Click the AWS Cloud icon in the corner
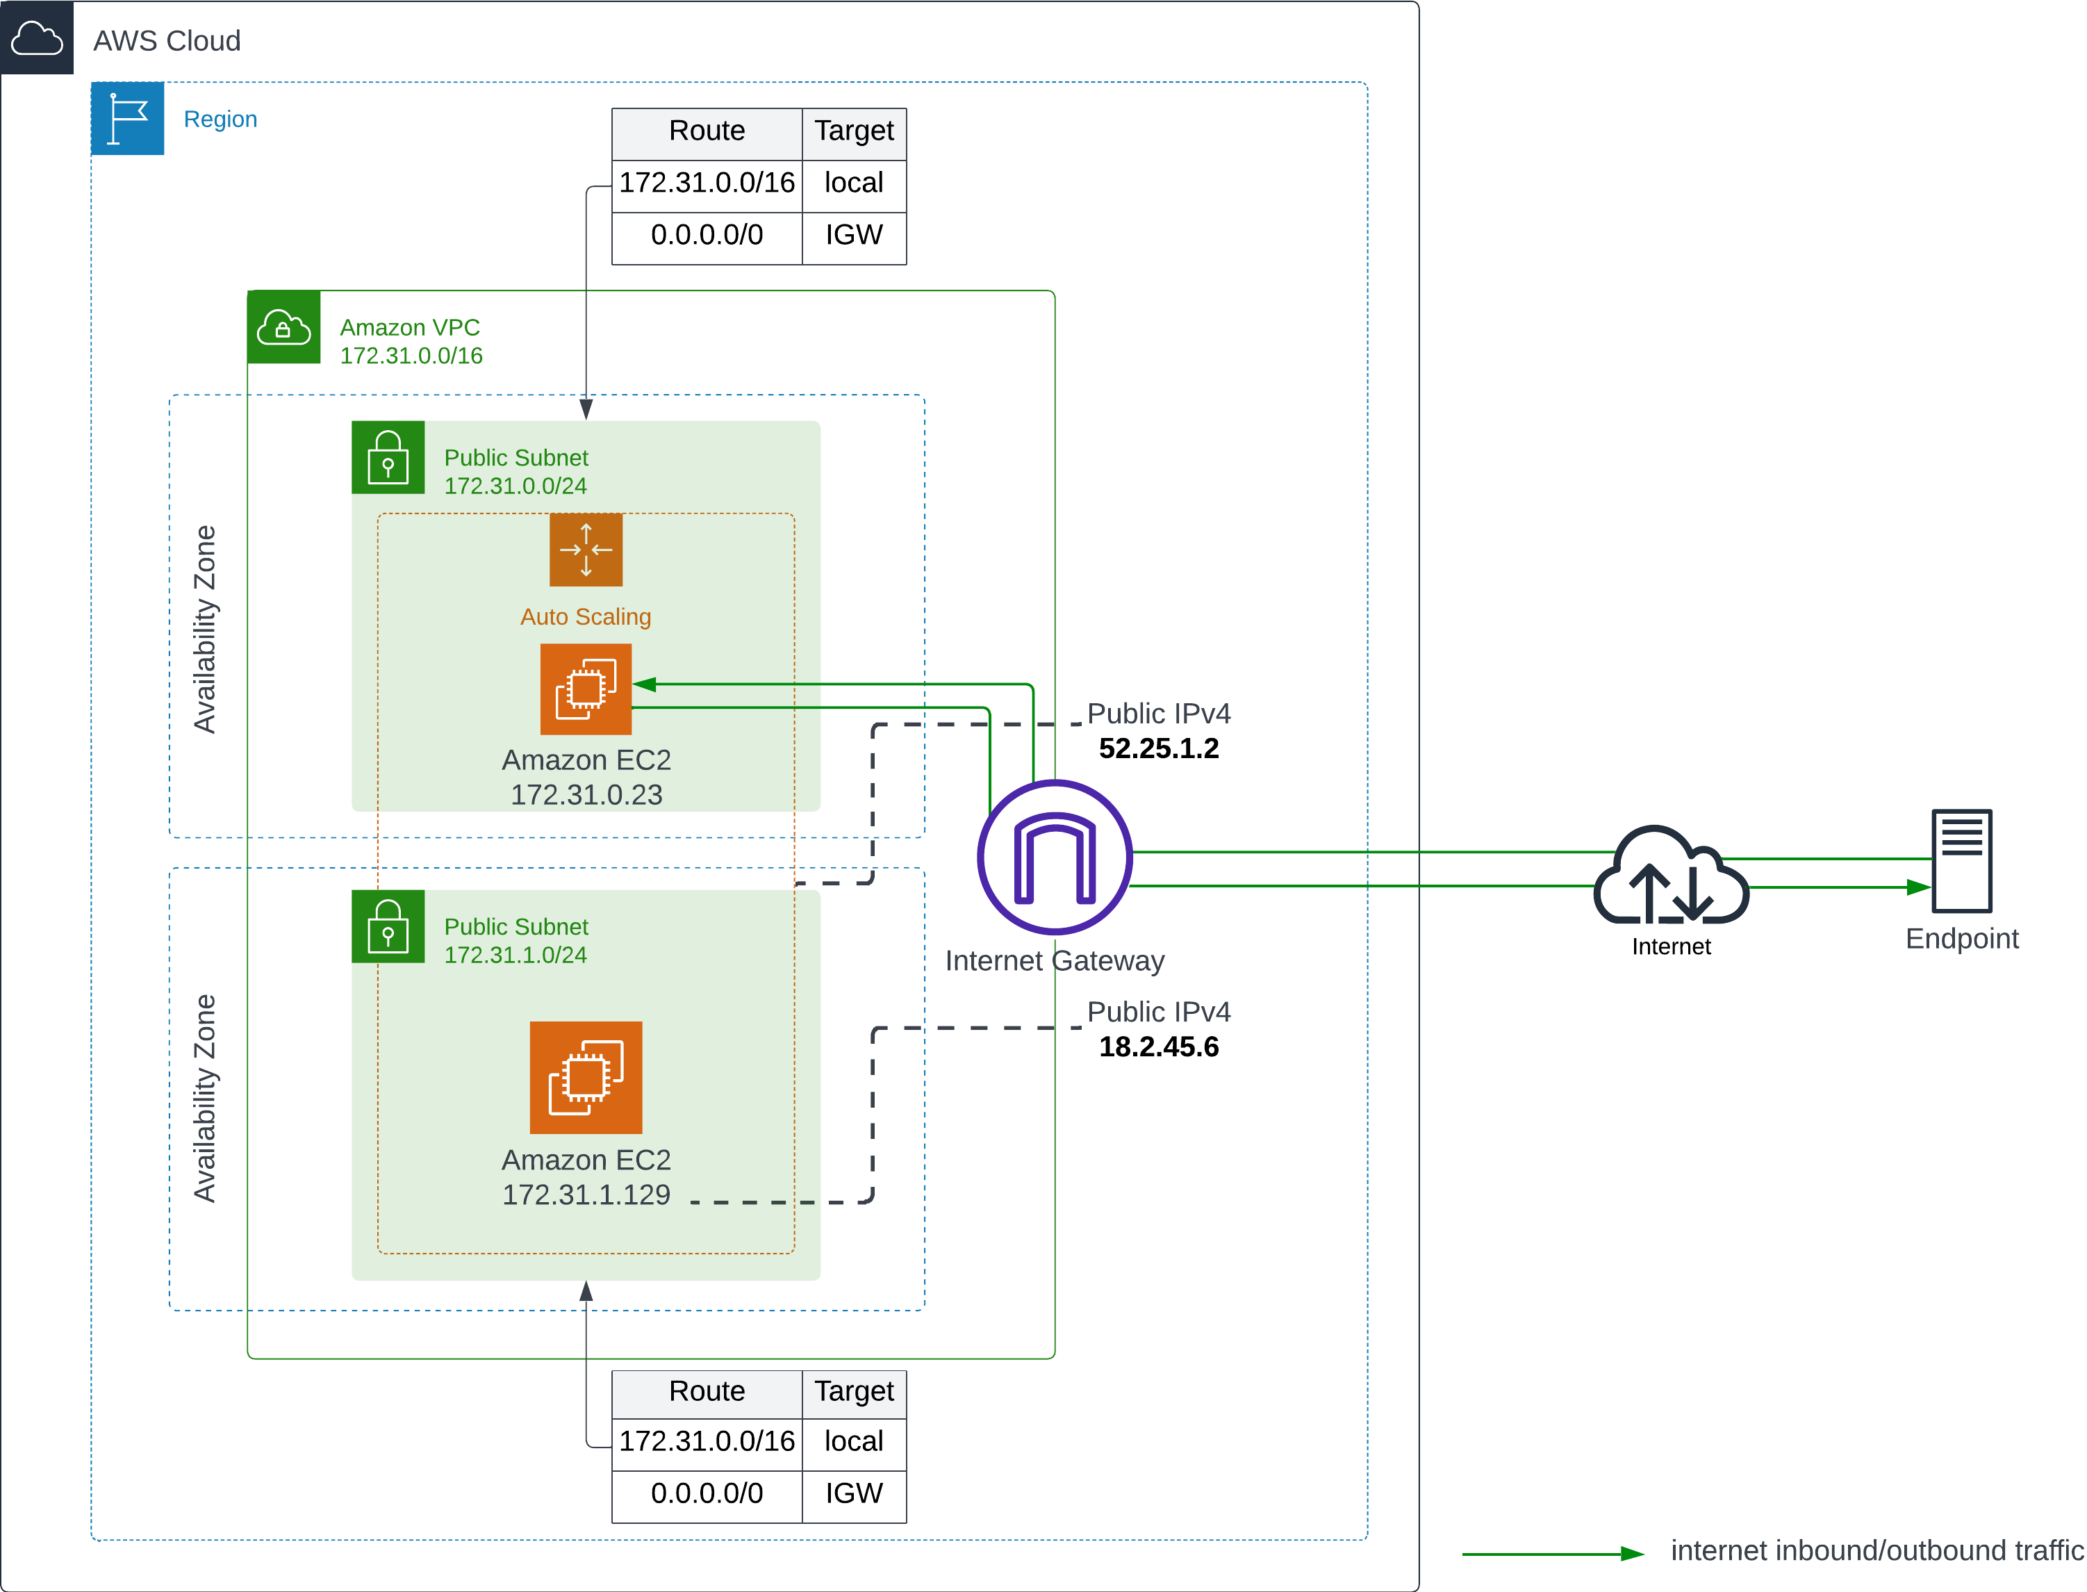click(36, 38)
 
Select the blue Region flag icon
click(127, 118)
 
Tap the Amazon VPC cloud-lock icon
click(283, 328)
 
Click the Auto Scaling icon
click(586, 550)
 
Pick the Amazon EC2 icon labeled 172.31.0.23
click(586, 689)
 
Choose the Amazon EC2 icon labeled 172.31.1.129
click(586, 1078)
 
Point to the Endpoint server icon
click(1961, 860)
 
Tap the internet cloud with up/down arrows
click(1671, 876)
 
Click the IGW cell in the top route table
click(854, 235)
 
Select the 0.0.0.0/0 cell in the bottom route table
click(707, 1493)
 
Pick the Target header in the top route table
click(854, 131)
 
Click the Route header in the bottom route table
click(707, 1391)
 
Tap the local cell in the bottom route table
click(854, 1441)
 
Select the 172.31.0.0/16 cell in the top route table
click(707, 183)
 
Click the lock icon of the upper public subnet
click(388, 459)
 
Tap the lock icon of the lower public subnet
click(388, 928)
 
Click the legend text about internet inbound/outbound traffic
click(1876, 1550)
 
